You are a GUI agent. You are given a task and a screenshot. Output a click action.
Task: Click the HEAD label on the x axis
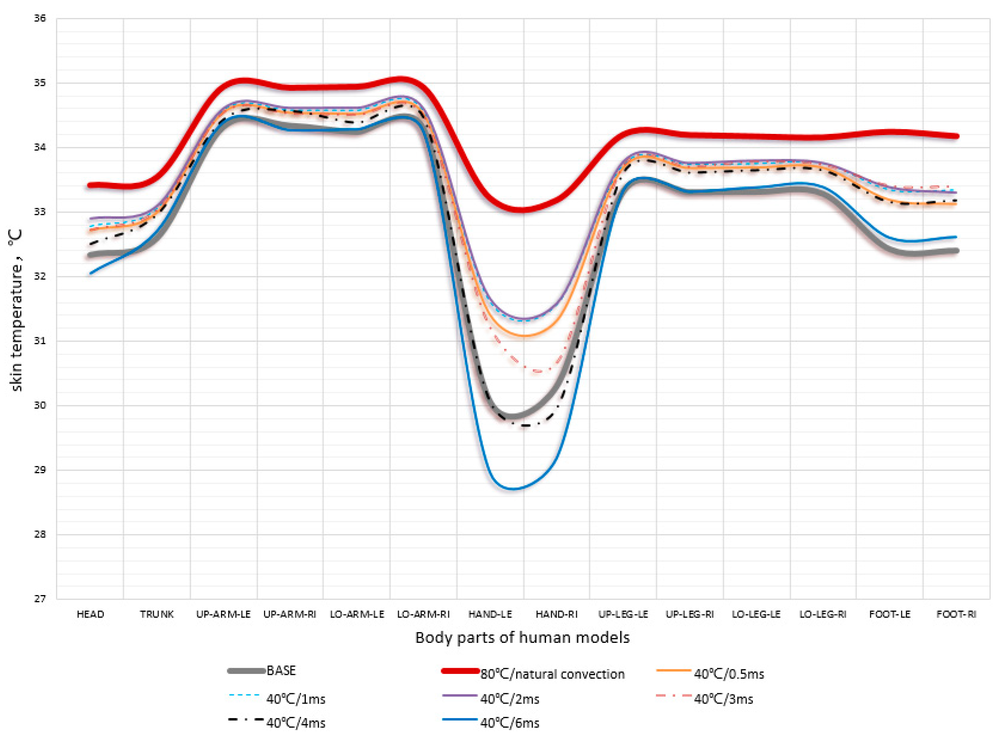[x=90, y=614]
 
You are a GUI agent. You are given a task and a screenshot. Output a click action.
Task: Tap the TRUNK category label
[x=156, y=614]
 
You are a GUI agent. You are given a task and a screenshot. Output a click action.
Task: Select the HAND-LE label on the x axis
[x=490, y=614]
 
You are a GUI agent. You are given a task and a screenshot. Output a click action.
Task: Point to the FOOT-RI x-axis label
[x=956, y=614]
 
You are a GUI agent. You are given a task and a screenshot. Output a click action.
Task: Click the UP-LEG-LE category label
[x=623, y=614]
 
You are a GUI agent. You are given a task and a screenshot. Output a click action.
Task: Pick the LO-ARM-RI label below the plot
[x=423, y=614]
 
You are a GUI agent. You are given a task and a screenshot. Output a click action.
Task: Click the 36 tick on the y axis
[x=40, y=18]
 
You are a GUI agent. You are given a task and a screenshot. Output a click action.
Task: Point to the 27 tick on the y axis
[x=40, y=599]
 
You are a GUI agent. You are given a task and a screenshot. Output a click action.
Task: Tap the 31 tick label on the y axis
[x=40, y=341]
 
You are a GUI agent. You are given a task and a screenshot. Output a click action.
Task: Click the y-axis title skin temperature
[x=16, y=310]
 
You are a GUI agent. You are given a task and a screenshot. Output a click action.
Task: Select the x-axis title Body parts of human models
[x=522, y=637]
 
